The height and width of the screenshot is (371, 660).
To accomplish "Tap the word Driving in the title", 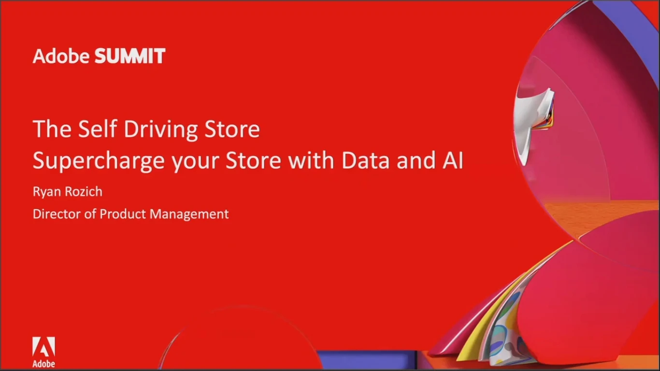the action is (x=160, y=129).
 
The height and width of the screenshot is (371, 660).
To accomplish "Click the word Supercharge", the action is (x=99, y=161).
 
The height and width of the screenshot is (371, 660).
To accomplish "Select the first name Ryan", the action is (x=47, y=192).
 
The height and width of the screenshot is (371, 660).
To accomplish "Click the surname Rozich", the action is (x=84, y=191).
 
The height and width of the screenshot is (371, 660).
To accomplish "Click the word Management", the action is (x=189, y=214).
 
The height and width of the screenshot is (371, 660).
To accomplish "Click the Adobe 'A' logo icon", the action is (x=43, y=347).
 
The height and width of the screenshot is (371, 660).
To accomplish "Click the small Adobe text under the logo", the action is (x=43, y=364).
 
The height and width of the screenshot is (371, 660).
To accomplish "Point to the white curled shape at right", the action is (x=533, y=124).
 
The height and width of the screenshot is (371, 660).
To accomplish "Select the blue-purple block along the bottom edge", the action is (x=368, y=359).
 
